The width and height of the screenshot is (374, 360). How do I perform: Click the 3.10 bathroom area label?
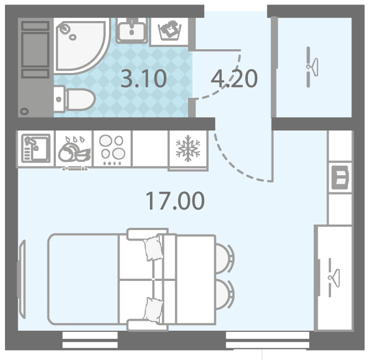(144, 79)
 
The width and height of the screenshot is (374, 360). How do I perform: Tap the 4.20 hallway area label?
(234, 79)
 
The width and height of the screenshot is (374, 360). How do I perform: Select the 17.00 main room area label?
(175, 201)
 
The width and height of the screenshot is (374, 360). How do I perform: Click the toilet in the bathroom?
(75, 99)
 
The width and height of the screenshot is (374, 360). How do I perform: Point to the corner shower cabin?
(81, 46)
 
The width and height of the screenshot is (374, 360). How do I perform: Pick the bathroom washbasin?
(132, 31)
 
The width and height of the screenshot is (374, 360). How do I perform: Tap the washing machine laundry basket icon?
(170, 31)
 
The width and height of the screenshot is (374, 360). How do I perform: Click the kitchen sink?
(36, 148)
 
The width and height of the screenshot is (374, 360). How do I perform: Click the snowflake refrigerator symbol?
(188, 148)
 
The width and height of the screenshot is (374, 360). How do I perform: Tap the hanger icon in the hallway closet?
(313, 67)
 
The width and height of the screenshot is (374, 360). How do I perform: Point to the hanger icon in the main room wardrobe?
(334, 278)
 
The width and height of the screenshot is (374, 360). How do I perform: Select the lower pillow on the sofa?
(154, 310)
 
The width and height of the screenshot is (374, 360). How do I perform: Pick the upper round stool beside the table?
(225, 258)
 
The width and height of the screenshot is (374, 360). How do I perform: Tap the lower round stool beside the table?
(225, 294)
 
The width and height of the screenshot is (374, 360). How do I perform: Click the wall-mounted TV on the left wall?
(22, 279)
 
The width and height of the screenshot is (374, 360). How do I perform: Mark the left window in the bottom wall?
(90, 340)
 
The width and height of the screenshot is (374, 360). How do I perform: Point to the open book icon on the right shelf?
(340, 178)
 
